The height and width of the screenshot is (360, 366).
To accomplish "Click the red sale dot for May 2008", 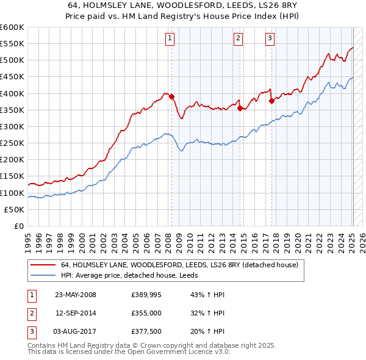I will click(x=171, y=96).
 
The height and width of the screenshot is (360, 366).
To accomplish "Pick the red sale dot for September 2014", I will click(x=240, y=108).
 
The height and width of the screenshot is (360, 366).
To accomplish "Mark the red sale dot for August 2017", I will click(x=271, y=101).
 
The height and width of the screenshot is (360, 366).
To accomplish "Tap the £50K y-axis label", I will click(x=15, y=209).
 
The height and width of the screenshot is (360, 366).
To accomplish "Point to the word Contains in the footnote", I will click(x=43, y=345).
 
